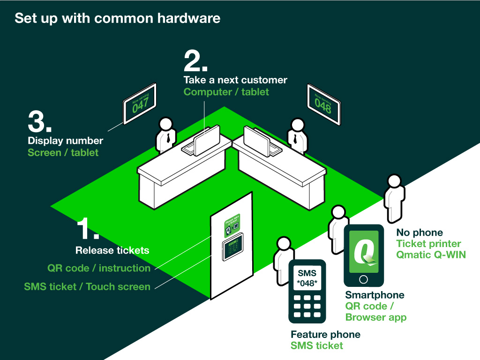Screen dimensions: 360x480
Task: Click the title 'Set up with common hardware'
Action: click(x=117, y=19)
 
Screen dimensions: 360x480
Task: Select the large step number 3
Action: click(x=39, y=122)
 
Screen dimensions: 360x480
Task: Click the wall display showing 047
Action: click(x=140, y=105)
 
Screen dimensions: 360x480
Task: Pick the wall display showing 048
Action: click(x=323, y=105)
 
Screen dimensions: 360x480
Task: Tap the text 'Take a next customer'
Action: click(x=235, y=80)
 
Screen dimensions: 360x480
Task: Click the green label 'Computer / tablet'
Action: click(x=226, y=92)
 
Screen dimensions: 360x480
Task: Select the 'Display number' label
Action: click(x=66, y=141)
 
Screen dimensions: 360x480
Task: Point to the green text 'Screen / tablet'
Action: click(x=63, y=153)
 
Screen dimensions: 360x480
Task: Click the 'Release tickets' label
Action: click(x=112, y=250)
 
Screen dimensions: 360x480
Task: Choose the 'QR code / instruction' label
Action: click(x=99, y=269)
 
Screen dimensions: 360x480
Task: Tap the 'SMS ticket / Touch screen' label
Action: click(x=87, y=286)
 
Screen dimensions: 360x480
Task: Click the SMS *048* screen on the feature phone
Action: click(x=307, y=278)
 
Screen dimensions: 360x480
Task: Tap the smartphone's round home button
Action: click(x=363, y=279)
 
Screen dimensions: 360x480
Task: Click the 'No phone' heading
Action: click(x=420, y=232)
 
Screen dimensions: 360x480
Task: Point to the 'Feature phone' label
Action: click(x=325, y=335)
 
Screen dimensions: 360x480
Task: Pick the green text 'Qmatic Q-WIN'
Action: click(x=431, y=255)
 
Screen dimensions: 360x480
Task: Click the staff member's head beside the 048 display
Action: click(x=296, y=125)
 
